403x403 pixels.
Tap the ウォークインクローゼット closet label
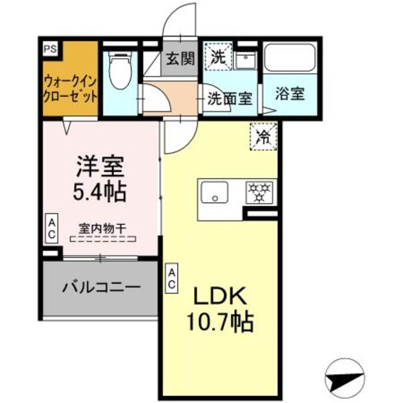pyautogui.click(x=71, y=89)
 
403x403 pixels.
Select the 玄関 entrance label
pyautogui.click(x=179, y=61)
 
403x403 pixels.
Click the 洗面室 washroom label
pyautogui.click(x=230, y=98)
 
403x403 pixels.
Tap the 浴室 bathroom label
pyautogui.click(x=290, y=94)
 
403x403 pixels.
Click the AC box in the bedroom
pyautogui.click(x=52, y=229)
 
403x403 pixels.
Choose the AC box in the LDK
pyautogui.click(x=171, y=278)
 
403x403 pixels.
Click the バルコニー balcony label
pyautogui.click(x=100, y=287)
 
